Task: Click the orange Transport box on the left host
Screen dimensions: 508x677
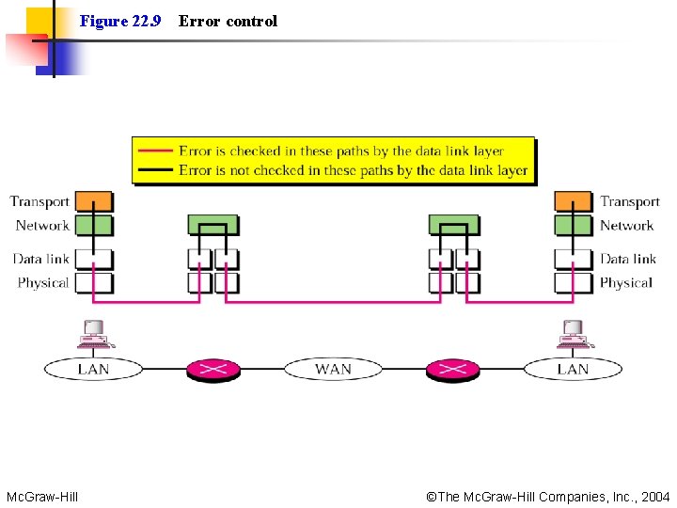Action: [93, 201]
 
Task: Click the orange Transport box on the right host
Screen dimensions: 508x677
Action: [573, 201]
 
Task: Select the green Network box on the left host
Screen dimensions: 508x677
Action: [93, 225]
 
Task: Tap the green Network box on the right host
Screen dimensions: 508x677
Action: [573, 225]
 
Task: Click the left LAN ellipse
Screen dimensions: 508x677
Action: [93, 369]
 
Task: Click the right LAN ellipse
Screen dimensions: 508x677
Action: [573, 369]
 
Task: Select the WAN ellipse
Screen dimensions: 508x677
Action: [333, 369]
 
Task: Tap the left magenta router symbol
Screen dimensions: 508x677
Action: [213, 369]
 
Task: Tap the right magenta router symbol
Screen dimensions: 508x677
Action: [452, 369]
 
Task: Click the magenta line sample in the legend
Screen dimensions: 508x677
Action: [155, 151]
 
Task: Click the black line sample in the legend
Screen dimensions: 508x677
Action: [155, 170]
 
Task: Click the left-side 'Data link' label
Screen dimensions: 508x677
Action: [41, 259]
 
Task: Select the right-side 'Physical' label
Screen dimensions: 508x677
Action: [625, 282]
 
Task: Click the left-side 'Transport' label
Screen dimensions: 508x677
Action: [39, 201]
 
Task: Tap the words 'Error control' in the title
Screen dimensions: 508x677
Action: [228, 21]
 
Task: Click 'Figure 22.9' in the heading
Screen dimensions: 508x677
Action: [120, 21]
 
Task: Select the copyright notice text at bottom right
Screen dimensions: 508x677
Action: [548, 496]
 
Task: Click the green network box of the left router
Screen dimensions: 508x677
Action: [213, 224]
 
